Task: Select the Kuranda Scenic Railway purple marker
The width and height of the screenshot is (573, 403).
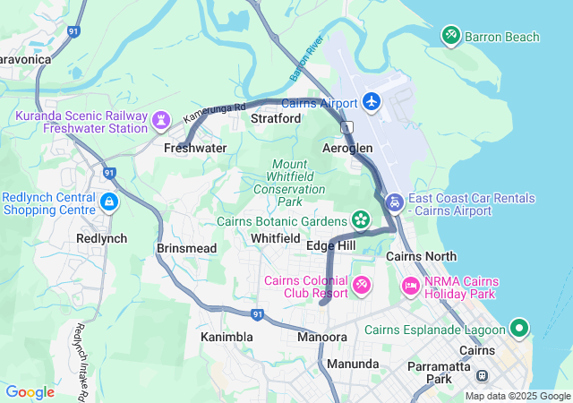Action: tap(161, 119)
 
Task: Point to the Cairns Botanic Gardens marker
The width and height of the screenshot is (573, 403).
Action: tap(361, 219)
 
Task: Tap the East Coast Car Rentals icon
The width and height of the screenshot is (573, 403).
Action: tap(394, 204)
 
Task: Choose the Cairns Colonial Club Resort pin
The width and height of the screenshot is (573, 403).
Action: tap(362, 286)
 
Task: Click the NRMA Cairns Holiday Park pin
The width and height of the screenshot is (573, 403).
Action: tap(411, 286)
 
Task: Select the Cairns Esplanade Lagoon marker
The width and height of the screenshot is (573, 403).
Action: tap(518, 329)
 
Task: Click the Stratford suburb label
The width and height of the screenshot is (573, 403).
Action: tap(276, 117)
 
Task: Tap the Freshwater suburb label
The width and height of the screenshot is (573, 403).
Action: tap(195, 148)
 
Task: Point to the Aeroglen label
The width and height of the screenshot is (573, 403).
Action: tap(347, 148)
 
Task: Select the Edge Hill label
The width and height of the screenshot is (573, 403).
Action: tap(331, 245)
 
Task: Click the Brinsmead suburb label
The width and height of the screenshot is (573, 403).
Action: tap(186, 247)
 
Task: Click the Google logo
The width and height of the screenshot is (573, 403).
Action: tap(30, 391)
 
